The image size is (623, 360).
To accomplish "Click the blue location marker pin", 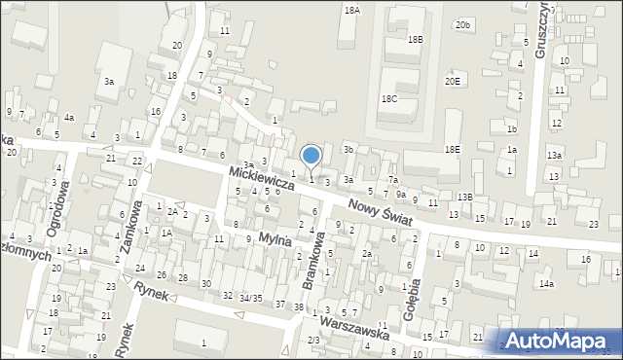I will [311, 156].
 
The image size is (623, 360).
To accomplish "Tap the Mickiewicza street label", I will [261, 176].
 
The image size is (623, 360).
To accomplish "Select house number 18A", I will [351, 10].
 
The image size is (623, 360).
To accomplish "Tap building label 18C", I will [389, 99].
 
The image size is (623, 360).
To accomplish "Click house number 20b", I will [463, 24].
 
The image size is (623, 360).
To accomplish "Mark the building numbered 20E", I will [453, 82].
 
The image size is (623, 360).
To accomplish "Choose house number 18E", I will [453, 149].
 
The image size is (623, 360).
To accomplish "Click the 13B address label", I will [464, 198].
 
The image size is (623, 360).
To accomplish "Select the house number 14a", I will [546, 283].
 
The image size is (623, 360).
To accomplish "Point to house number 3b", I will [348, 150].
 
